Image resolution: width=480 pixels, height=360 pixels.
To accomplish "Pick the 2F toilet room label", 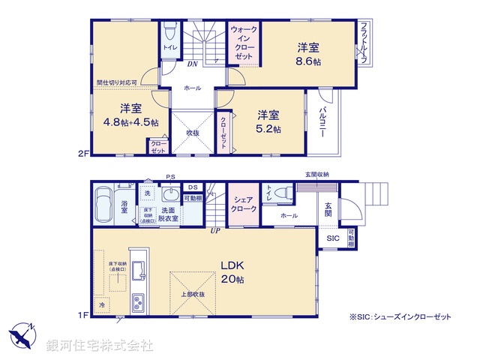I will click(170, 46).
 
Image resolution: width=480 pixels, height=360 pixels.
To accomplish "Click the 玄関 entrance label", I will click(328, 209).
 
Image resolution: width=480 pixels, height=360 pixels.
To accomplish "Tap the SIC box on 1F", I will click(332, 238).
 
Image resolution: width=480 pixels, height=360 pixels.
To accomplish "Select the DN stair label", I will click(192, 64).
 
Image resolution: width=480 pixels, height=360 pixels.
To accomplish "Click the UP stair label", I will click(215, 230).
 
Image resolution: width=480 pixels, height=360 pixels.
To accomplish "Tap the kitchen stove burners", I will click(140, 304).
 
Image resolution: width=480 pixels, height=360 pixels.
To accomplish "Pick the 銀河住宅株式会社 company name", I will click(100, 346).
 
